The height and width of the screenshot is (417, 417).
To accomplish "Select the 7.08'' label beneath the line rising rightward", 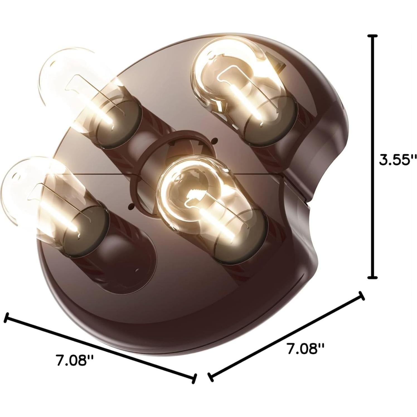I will point(306,349).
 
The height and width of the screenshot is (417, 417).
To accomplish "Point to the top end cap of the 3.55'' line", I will point(372,36).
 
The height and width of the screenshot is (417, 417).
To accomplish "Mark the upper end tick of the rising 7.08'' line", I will point(362,296).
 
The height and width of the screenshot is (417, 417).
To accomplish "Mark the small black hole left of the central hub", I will point(130,207).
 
